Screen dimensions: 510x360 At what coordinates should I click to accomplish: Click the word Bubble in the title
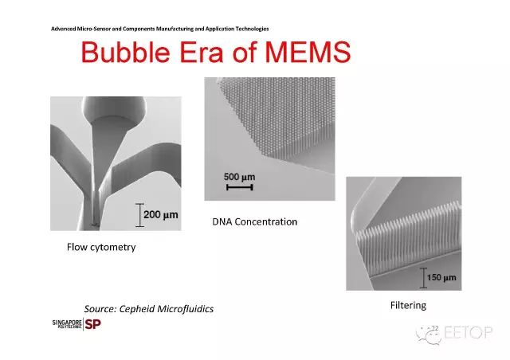[x=126, y=52]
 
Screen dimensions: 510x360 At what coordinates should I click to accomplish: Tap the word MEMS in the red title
[x=308, y=52]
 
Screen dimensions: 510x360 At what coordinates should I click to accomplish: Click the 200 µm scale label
[x=161, y=214]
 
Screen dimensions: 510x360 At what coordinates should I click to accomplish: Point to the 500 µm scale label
[x=239, y=178]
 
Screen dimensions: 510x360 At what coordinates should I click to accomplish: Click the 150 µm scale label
[x=441, y=277]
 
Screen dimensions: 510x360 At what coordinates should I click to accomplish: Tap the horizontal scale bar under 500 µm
[x=240, y=187]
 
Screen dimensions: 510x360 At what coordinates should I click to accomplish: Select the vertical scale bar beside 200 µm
[x=140, y=215]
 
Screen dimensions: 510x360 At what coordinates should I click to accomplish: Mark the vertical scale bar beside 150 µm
[x=423, y=278]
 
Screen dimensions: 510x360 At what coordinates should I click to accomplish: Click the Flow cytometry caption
[x=101, y=247]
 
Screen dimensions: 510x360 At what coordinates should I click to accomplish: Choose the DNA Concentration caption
[x=255, y=221]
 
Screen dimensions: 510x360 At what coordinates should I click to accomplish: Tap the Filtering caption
[x=408, y=305]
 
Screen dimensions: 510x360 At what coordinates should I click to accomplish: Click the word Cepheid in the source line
[x=136, y=308]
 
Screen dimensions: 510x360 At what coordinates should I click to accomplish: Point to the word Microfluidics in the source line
[x=185, y=308]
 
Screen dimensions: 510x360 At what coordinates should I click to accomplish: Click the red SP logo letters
[x=92, y=324]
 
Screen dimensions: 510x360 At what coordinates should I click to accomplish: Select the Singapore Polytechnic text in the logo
[x=67, y=324]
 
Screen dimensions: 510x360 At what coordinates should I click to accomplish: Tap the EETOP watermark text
[x=468, y=333]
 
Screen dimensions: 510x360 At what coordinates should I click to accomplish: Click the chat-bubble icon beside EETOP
[x=429, y=335]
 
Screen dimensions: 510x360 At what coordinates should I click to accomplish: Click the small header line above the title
[x=159, y=29]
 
